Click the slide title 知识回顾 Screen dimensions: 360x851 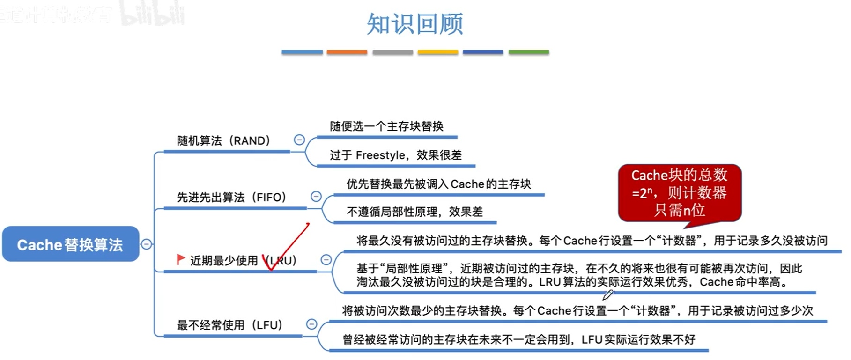[415, 24]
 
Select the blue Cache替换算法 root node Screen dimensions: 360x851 [70, 244]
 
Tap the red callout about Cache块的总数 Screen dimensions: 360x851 [679, 192]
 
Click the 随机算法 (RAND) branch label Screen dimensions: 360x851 [223, 141]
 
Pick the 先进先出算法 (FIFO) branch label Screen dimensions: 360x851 [231, 198]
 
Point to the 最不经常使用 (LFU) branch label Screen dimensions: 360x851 [229, 325]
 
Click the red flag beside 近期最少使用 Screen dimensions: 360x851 [180, 259]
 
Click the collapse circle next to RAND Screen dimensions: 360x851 [299, 140]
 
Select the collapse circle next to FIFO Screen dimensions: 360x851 [316, 197]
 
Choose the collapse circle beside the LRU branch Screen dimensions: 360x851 [326, 260]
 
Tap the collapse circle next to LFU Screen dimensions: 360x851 [311, 324]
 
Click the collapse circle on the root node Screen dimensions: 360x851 [147, 244]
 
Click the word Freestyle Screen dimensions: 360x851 [380, 155]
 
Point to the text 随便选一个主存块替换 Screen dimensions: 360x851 [386, 126]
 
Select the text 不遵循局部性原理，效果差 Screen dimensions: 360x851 [414, 212]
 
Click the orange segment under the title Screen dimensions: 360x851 [347, 52]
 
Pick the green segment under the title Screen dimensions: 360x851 [529, 52]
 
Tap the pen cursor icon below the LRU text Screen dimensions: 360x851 [607, 295]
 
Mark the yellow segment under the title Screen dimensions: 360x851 [438, 52]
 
